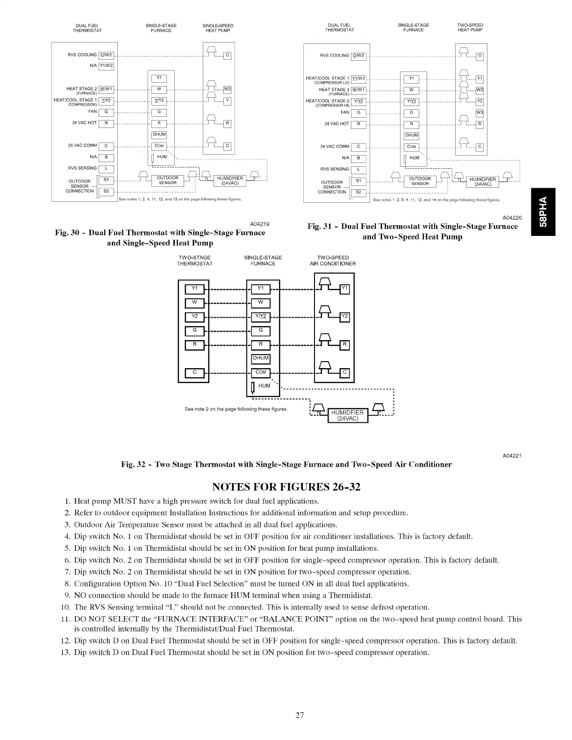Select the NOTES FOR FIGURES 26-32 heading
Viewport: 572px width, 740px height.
286,487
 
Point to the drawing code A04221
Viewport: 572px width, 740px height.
512,455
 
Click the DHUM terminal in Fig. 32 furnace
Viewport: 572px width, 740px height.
261,358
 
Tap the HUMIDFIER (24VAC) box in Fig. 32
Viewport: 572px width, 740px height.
347,415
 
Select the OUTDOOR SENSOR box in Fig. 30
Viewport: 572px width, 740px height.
167,180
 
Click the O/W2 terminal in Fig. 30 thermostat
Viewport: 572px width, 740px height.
106,55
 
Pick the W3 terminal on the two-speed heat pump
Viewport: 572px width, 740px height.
479,113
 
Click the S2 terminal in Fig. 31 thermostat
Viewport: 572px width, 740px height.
358,192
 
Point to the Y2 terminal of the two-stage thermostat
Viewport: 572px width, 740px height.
195,316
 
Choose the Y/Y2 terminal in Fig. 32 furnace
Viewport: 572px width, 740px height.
261,316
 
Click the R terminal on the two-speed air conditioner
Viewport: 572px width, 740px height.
344,345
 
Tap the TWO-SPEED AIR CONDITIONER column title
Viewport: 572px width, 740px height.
333,261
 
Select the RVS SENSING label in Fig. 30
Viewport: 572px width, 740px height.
82,168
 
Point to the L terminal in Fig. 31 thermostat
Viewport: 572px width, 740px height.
358,170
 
